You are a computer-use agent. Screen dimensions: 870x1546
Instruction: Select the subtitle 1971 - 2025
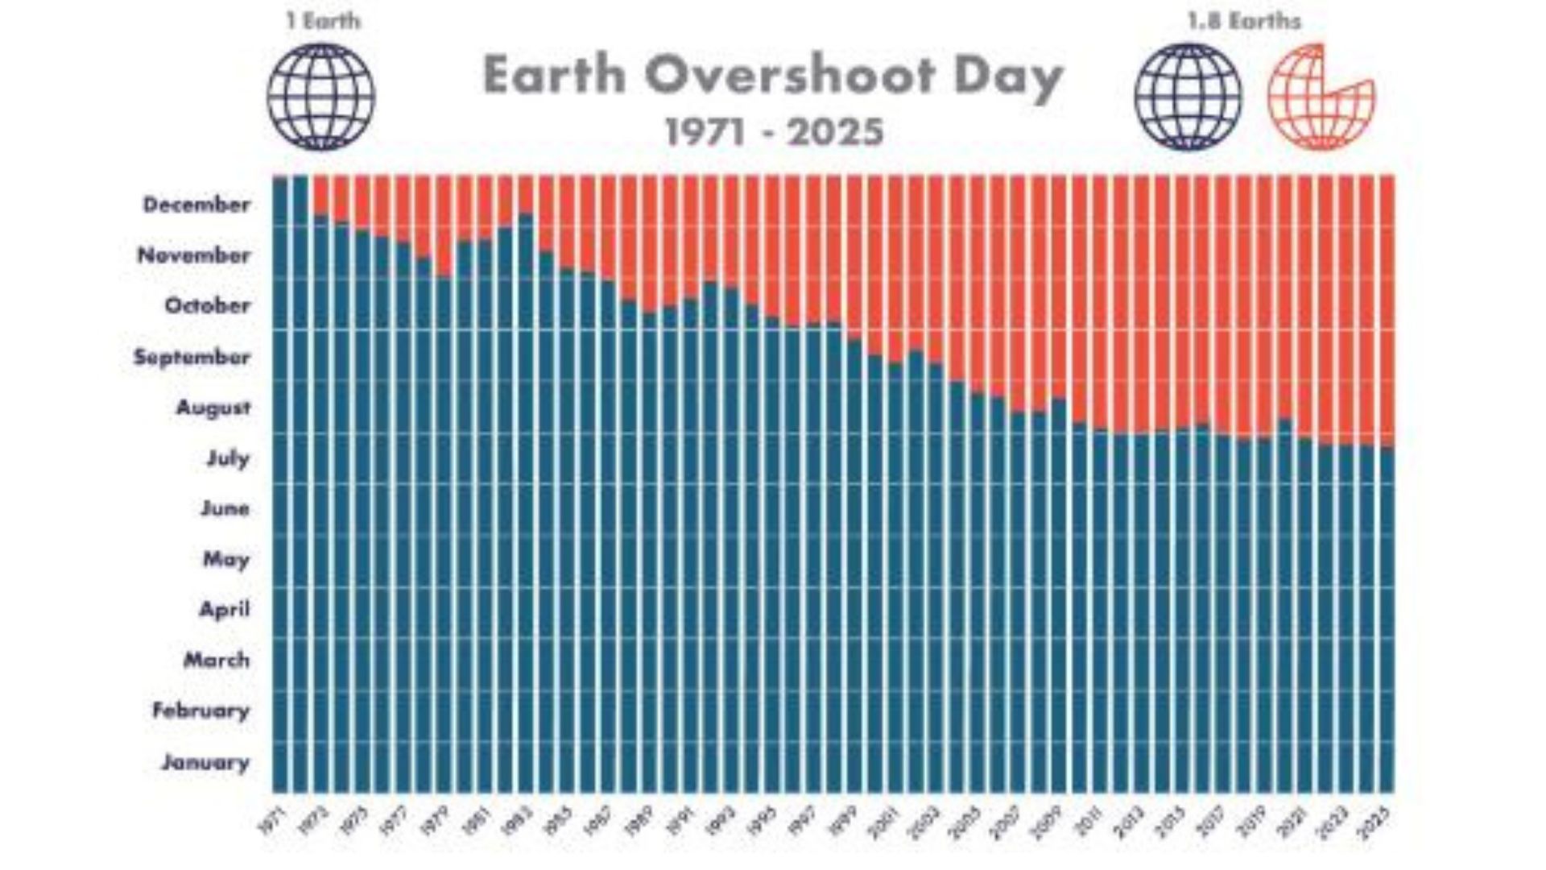[774, 132]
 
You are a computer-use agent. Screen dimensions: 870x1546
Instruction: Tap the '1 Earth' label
[323, 21]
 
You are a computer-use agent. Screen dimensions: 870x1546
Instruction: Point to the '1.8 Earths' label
[1244, 21]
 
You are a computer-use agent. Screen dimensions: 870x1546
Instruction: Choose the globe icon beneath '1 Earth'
[320, 97]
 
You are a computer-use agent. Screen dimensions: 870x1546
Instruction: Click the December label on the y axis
[196, 205]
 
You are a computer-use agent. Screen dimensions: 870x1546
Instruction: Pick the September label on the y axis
[192, 357]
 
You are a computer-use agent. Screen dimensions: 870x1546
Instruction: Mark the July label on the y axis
[228, 458]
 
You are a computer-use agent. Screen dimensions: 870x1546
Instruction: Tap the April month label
[224, 610]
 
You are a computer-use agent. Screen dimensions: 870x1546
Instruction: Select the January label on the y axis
[205, 762]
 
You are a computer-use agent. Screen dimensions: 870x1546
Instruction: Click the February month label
[200, 711]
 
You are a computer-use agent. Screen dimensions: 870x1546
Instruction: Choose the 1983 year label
[515, 820]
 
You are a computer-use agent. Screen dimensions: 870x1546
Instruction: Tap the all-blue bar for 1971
[280, 483]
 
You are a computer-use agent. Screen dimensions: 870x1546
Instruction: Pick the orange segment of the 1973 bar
[320, 193]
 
